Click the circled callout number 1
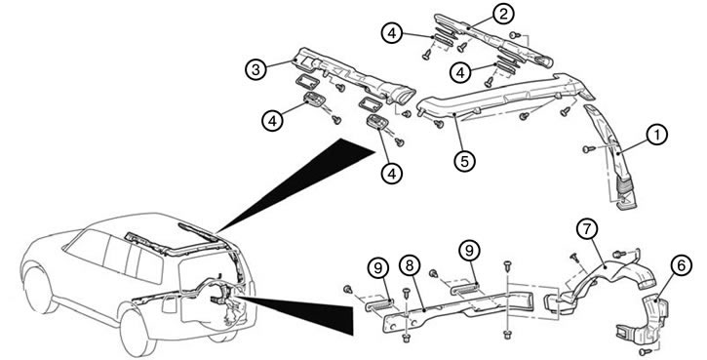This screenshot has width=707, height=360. pos(656,136)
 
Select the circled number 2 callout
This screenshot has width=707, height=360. pos(503,14)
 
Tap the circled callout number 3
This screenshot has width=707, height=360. pos(256,70)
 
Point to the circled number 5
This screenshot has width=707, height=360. pos(465,161)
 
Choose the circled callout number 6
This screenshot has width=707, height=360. pos(681,265)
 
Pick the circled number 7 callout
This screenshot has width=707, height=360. pos(587,230)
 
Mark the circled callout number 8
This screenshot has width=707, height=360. pos(410,266)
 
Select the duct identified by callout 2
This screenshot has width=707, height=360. pos(493,42)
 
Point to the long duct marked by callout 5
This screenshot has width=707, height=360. pos(505,96)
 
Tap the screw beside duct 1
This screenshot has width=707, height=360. pos(587,148)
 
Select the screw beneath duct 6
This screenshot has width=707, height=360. pos(645,351)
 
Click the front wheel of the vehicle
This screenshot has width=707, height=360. pos(39,290)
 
